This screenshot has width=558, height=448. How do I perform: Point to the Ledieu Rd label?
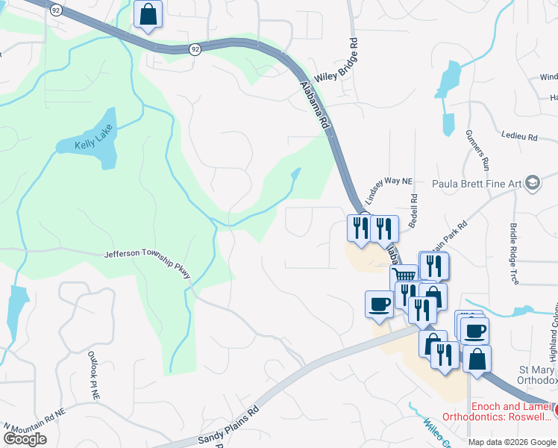pos(522,137)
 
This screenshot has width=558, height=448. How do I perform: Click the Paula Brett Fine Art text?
pos(477,183)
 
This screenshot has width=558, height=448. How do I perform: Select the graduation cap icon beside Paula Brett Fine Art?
pos(533,183)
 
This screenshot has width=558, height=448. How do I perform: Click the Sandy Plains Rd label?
pos(228,425)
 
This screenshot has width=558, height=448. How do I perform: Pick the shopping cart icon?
pos(404,275)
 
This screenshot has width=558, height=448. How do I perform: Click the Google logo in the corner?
pos(25,439)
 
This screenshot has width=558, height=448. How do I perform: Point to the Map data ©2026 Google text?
pos(512,442)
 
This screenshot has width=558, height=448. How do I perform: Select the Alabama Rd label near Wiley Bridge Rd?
pos(314,104)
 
